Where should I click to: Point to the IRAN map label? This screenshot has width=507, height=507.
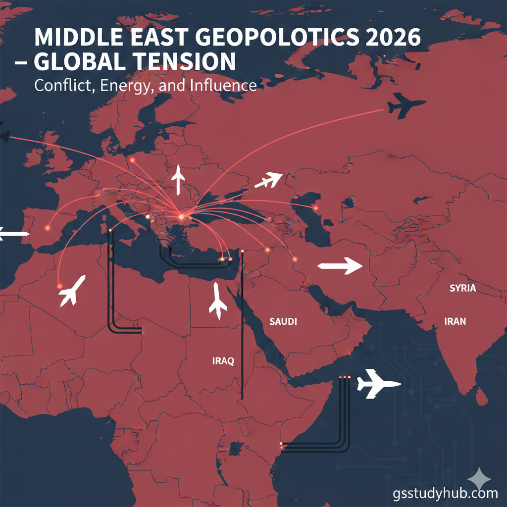pyautogui.click(x=456, y=321)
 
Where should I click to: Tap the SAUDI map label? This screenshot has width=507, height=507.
pyautogui.click(x=283, y=322)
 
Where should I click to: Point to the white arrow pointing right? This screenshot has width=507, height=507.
pyautogui.click(x=340, y=266)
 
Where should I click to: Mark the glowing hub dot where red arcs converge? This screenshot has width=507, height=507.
pyautogui.click(x=181, y=216)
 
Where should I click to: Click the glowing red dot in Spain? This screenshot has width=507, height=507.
pyautogui.click(x=48, y=228)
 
